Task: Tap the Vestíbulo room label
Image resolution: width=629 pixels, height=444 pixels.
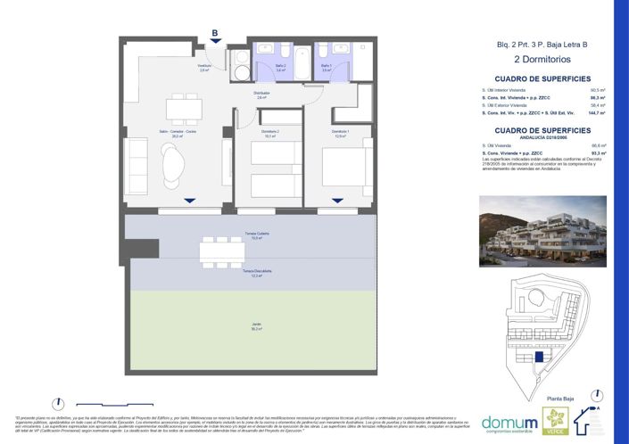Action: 204,68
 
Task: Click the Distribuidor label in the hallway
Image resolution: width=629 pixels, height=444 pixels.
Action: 261,95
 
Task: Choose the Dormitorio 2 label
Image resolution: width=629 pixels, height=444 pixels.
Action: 270,133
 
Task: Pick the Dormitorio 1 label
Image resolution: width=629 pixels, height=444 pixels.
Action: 341,133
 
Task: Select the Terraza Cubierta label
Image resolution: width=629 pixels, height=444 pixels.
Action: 256,234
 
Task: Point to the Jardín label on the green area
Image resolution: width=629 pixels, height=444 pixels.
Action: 256,326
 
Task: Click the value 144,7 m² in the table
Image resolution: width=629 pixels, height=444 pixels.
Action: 597,113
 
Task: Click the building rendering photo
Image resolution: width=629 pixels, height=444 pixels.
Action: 542,231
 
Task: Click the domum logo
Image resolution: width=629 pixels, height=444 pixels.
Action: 509,422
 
